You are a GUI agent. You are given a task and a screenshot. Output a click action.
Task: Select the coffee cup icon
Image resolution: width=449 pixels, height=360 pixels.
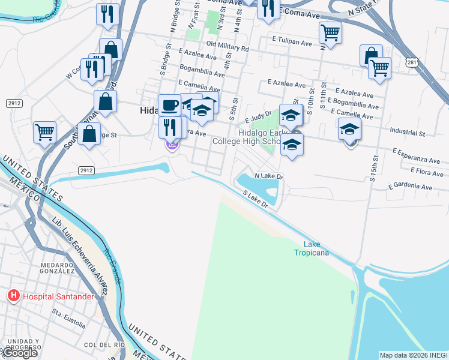pos(170,104)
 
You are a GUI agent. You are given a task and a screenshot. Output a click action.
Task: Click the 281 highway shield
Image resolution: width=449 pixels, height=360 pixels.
pos(411,62)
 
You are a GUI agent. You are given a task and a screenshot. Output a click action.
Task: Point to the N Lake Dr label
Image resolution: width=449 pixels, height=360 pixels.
pos(268,176)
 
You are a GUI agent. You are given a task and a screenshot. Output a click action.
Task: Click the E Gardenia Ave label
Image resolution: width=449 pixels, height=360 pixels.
pos(410,187)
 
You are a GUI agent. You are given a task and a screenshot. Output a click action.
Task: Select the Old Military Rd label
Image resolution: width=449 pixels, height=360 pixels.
pos(227,46)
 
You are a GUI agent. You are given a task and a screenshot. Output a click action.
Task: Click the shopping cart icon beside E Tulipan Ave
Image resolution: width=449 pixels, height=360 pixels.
pos(330,32)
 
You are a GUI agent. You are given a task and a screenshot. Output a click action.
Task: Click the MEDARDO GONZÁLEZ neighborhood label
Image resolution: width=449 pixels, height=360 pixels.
pos(57,268)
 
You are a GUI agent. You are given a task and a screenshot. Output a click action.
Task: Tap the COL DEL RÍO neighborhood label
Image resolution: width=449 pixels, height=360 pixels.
pos(104,345)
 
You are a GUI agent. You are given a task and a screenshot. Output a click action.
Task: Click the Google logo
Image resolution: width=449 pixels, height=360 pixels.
pos(20,352)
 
